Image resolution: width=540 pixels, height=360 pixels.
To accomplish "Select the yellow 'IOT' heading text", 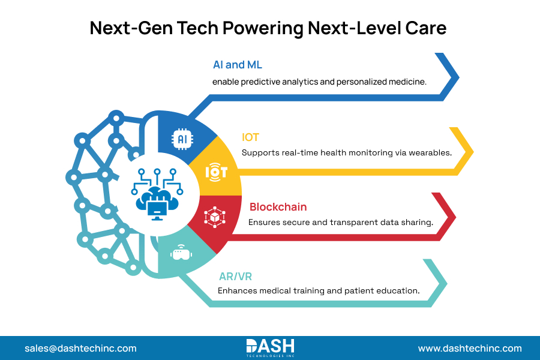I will coord(250,137).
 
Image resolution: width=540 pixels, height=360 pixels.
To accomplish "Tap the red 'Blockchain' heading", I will coord(278,207).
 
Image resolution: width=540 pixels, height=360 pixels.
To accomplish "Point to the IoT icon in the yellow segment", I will coord(216,172).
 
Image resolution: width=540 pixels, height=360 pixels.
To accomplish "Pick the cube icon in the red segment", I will coord(214,217).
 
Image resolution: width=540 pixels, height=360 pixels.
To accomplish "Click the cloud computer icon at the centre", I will coord(157,200).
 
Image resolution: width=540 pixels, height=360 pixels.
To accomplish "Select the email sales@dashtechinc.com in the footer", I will coord(80,348).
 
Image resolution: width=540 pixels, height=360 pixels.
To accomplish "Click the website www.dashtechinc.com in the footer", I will coord(470,348).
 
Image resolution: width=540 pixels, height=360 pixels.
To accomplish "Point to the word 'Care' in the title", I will coord(427,28).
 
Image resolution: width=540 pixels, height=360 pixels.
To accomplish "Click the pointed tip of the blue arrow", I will coord(458,77).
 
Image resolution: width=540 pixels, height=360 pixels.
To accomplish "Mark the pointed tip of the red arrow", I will coord(456,216).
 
